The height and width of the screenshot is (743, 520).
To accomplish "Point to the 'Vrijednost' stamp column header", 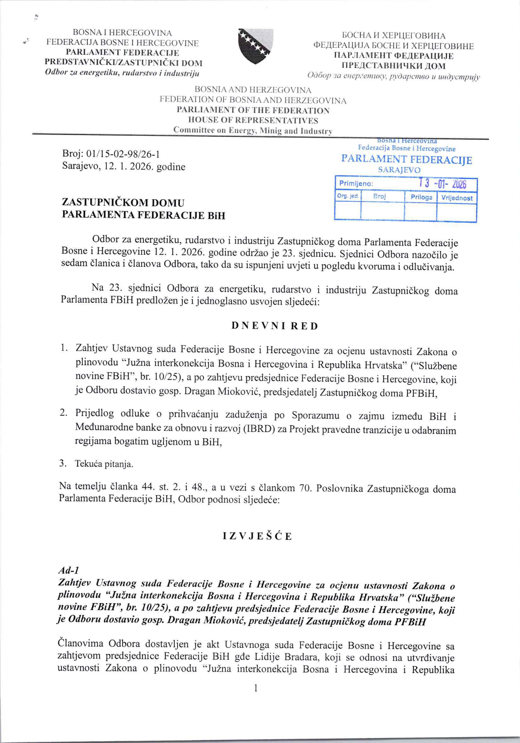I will coord(457,197).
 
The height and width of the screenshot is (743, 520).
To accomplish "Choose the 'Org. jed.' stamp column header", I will coord(348,196).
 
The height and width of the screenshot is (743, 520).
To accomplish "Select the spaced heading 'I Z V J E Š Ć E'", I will coord(257,536).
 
